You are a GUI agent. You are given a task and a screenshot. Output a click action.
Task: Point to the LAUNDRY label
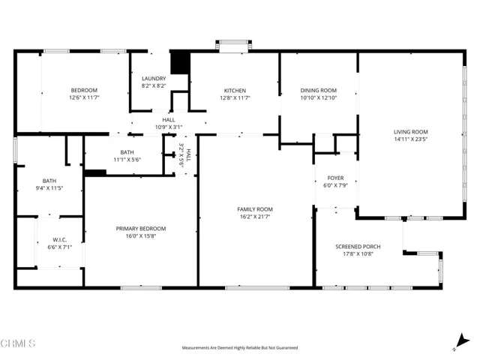pos(154,78)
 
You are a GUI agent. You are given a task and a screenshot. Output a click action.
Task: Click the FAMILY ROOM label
pos(255,209)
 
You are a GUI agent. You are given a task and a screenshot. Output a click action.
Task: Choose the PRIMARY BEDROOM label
pos(140,228)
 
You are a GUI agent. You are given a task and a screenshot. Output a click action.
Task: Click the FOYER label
pos(335,178)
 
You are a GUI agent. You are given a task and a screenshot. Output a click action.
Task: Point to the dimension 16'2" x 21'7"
pos(255,217)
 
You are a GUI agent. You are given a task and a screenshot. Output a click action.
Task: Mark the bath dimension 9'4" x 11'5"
pos(49,187)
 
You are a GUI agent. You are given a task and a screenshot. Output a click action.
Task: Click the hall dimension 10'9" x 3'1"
pos(168,126)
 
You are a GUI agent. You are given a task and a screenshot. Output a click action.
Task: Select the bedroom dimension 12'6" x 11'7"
pos(84,97)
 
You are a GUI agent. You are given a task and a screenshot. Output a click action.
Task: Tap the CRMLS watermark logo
pos(19,343)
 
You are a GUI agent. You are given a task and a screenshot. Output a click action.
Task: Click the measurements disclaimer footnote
pos(239,348)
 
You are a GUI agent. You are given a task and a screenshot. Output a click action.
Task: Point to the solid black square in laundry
pos(178,62)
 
